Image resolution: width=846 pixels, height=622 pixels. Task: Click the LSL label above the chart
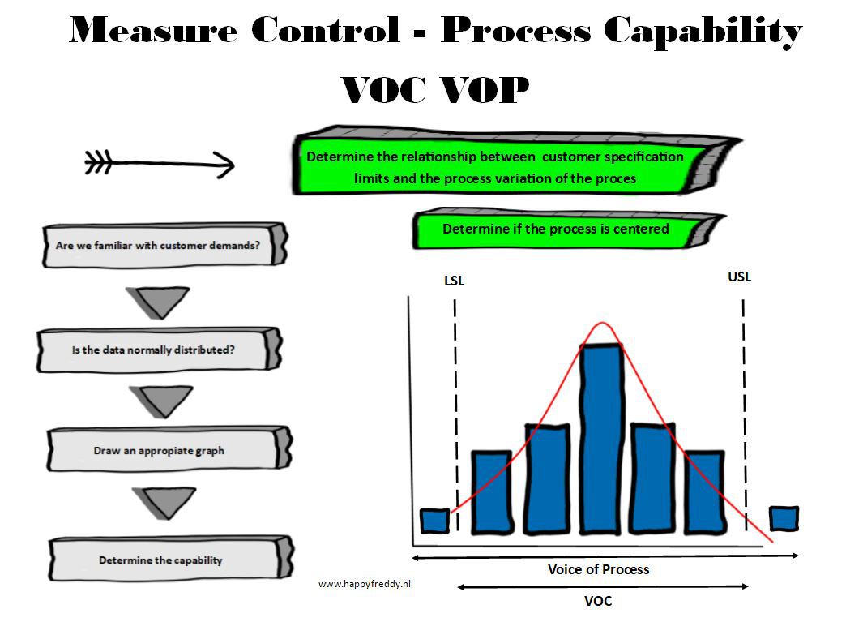pos(454,281)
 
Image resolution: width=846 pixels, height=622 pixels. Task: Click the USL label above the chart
pos(739,277)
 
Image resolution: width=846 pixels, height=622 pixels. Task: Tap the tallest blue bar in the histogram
pos(601,439)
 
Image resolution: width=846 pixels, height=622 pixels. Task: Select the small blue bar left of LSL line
pos(435,521)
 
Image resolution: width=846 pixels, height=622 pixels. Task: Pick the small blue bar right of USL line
pos(784,518)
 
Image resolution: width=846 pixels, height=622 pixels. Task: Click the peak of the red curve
pos(602,323)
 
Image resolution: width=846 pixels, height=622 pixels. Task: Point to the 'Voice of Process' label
pos(598,569)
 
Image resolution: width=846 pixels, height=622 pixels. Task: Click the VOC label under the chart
pos(598,601)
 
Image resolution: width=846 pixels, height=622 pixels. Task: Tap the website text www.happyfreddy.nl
pos(364,584)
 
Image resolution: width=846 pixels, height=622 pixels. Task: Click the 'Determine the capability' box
pos(171,559)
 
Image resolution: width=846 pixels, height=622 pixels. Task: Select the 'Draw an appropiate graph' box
pos(169,449)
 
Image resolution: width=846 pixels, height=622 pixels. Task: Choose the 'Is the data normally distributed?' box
pos(159,350)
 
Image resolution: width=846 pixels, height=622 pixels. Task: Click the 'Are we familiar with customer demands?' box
pos(164,245)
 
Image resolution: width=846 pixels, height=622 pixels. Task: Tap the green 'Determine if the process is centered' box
pos(568,229)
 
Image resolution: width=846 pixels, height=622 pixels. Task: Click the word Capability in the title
pos(703,31)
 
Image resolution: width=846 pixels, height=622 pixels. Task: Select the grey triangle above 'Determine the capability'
pos(164,501)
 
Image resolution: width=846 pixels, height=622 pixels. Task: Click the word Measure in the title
pos(153,30)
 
